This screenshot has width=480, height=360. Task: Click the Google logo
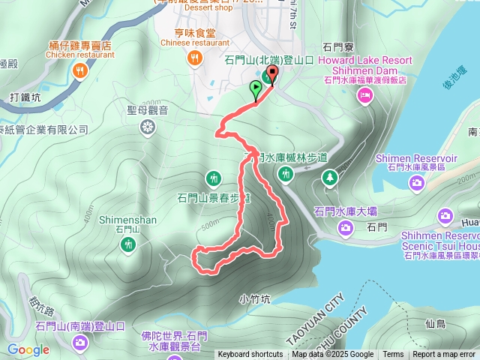click(28, 349)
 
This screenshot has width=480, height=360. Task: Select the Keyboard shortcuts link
click(250, 355)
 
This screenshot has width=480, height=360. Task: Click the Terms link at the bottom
click(393, 355)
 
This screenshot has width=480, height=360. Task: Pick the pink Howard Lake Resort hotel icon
click(365, 94)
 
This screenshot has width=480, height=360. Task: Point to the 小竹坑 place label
click(255, 298)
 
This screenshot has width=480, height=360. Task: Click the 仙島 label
click(435, 324)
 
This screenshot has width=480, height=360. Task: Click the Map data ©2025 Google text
click(332, 355)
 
